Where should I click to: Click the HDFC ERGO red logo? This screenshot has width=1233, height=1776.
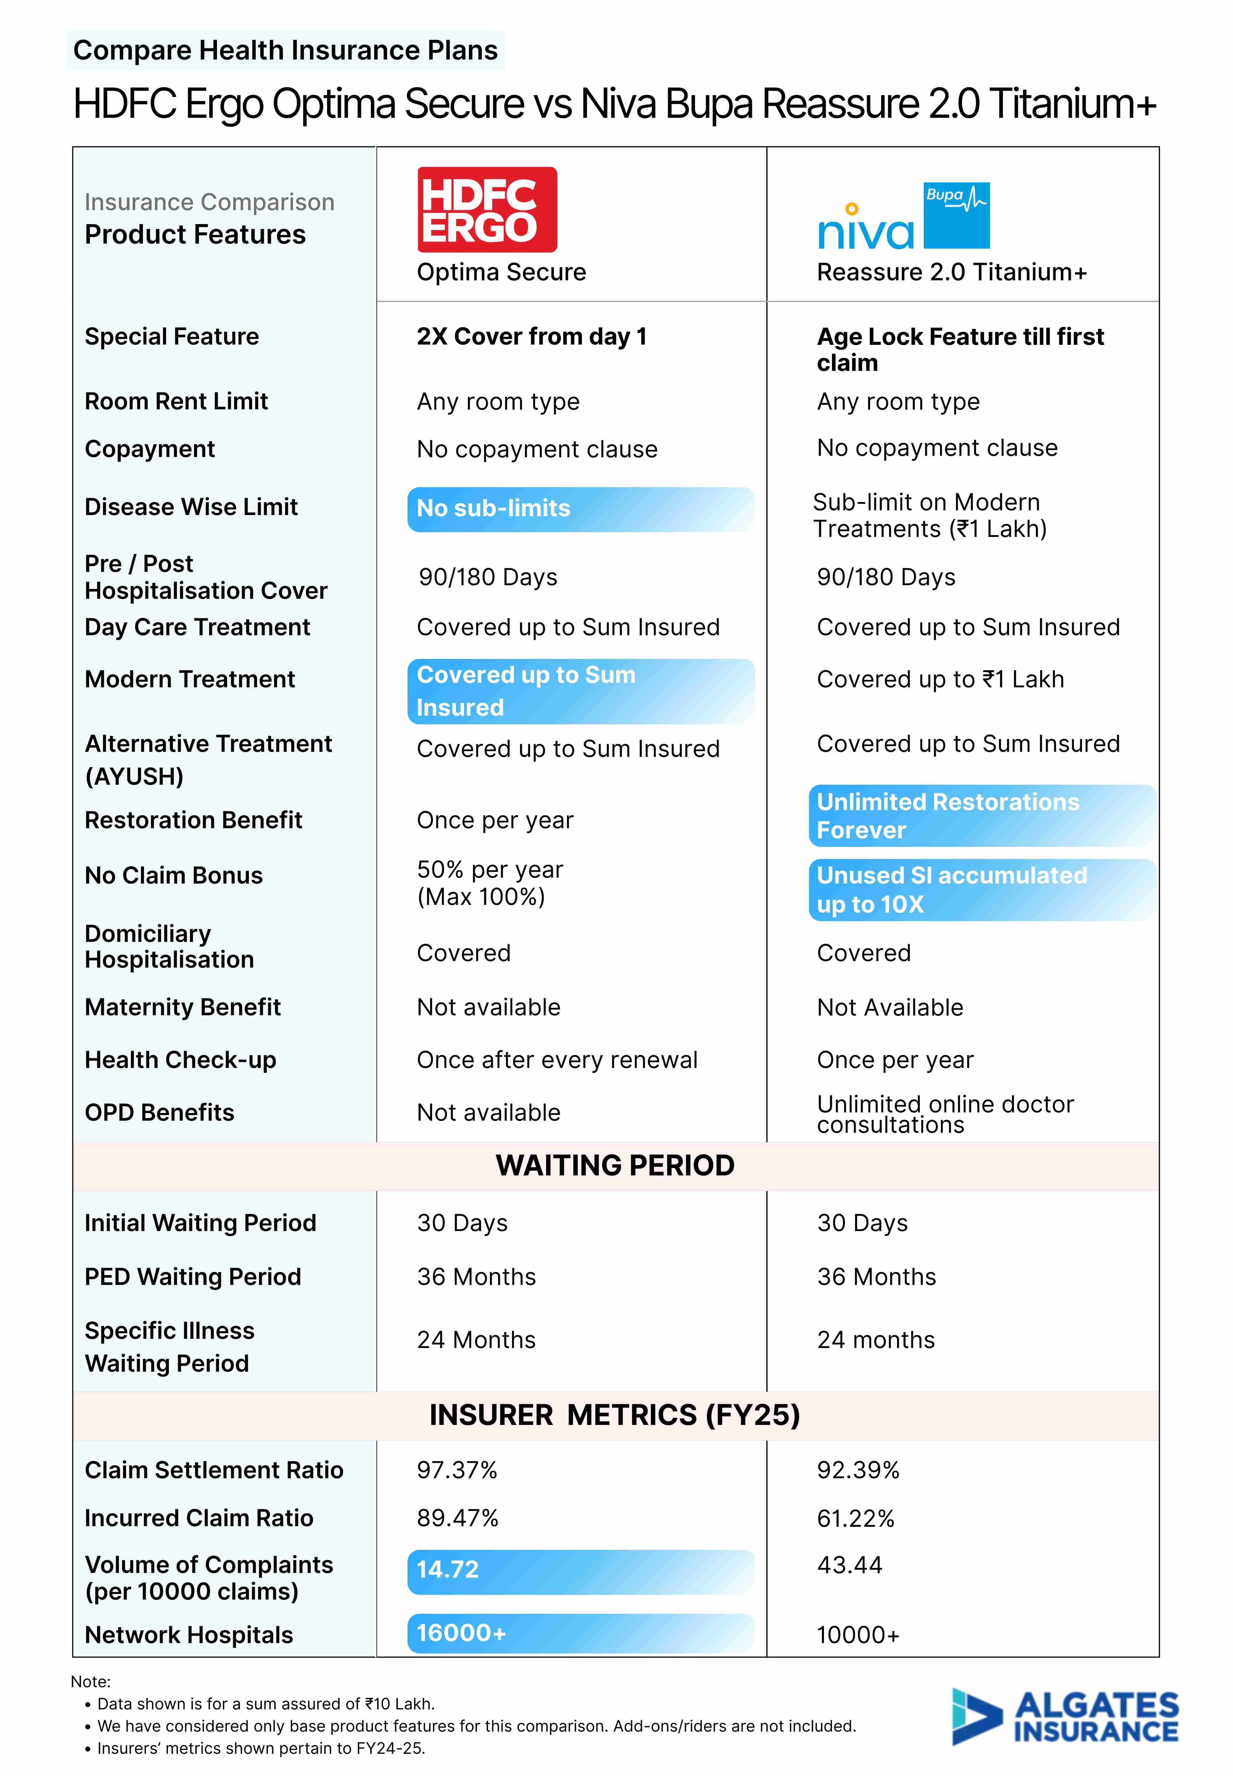[x=487, y=209]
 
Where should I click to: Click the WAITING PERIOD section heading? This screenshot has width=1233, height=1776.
[x=615, y=1165]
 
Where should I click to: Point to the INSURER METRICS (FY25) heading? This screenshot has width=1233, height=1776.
[x=615, y=1415]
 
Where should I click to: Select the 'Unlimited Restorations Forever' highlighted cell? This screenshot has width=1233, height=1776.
[x=981, y=816]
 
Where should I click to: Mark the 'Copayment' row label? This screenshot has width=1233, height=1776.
[x=150, y=449]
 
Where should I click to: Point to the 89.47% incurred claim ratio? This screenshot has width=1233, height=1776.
[x=457, y=1518]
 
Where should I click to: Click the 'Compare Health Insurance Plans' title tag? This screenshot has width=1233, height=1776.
[x=285, y=50]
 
